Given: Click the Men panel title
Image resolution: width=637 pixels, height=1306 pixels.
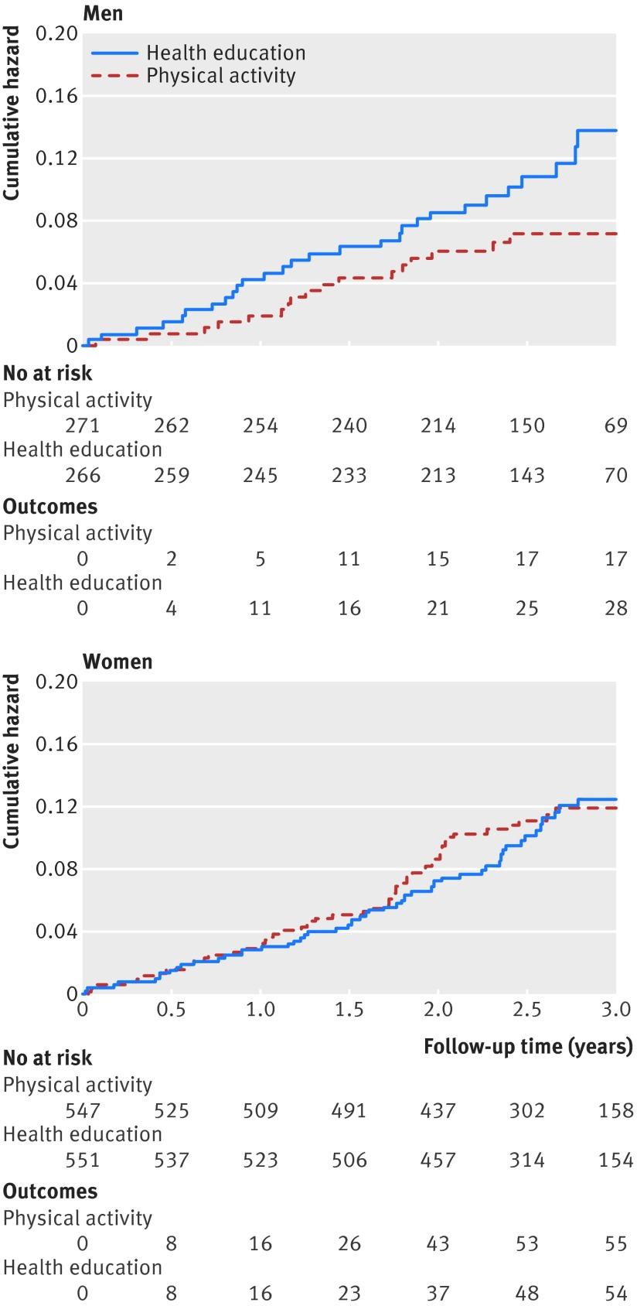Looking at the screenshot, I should click(x=102, y=13).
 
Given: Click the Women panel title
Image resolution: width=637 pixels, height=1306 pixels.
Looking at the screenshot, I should click(x=118, y=662).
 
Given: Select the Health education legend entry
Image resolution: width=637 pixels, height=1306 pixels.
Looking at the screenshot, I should click(x=226, y=53).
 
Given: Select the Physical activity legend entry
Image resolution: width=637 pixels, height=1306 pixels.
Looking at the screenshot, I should click(x=221, y=76).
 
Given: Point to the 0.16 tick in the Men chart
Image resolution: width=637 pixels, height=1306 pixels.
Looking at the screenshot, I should click(x=56, y=96).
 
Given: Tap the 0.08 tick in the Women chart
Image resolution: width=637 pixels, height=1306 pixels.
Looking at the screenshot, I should click(x=56, y=870).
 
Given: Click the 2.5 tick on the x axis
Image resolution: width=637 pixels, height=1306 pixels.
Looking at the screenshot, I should click(x=526, y=1009).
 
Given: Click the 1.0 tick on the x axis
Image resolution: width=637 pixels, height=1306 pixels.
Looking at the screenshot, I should click(x=261, y=1009).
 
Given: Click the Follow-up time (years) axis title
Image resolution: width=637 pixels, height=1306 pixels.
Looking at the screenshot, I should click(x=528, y=1048).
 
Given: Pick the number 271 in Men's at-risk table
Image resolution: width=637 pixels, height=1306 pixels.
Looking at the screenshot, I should click(x=83, y=426).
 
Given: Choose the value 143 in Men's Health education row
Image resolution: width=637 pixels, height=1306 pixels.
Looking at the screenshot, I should click(x=527, y=475).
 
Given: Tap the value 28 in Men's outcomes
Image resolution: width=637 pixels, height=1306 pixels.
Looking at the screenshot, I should click(x=615, y=608).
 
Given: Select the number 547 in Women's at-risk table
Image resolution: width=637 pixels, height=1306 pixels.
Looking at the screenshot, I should click(x=83, y=1111).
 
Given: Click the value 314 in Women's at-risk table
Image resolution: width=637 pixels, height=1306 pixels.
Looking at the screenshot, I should click(x=527, y=1161).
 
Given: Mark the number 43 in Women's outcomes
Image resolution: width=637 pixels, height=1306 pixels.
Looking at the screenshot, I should click(x=438, y=1244).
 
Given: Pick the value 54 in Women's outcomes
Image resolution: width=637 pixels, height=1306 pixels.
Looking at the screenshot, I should click(x=615, y=1294).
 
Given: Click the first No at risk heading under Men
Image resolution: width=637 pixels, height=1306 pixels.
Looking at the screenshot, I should click(x=48, y=374).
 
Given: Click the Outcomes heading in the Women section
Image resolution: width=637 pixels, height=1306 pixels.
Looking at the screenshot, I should click(x=50, y=1191).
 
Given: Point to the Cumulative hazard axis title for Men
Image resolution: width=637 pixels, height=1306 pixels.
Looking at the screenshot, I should click(x=12, y=114).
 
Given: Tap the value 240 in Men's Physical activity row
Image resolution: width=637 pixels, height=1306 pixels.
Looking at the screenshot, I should click(x=349, y=426).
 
